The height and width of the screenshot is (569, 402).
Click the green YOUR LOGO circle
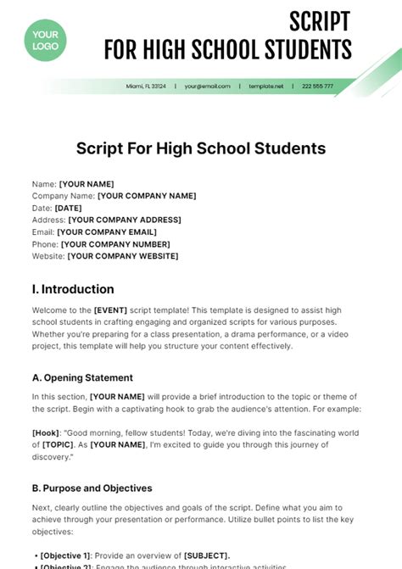pyautogui.click(x=46, y=40)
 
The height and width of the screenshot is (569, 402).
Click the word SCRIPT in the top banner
pyautogui.click(x=321, y=20)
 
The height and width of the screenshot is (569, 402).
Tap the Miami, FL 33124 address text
pyautogui.click(x=147, y=86)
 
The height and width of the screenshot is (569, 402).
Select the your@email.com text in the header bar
pyautogui.click(x=203, y=86)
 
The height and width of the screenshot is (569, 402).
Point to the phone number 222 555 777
pyautogui.click(x=317, y=86)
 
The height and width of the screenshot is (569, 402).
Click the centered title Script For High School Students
pyautogui.click(x=201, y=148)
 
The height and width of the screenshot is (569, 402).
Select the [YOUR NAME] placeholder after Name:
pyautogui.click(x=86, y=184)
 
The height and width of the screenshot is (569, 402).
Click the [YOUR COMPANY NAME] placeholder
pyautogui.click(x=147, y=196)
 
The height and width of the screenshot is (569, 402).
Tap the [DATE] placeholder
pyautogui.click(x=68, y=208)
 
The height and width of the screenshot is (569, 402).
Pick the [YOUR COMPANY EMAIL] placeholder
pyautogui.click(x=106, y=232)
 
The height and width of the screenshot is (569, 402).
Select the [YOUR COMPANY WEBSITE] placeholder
pyautogui.click(x=123, y=255)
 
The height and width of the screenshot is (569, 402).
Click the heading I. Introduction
pyautogui.click(x=73, y=289)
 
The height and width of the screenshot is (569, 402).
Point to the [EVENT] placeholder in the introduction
pyautogui.click(x=110, y=310)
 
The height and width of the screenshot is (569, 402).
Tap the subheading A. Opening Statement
pyautogui.click(x=82, y=377)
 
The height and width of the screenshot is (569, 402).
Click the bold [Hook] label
pyautogui.click(x=46, y=432)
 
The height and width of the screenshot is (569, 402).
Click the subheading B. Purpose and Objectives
pyautogui.click(x=92, y=488)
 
